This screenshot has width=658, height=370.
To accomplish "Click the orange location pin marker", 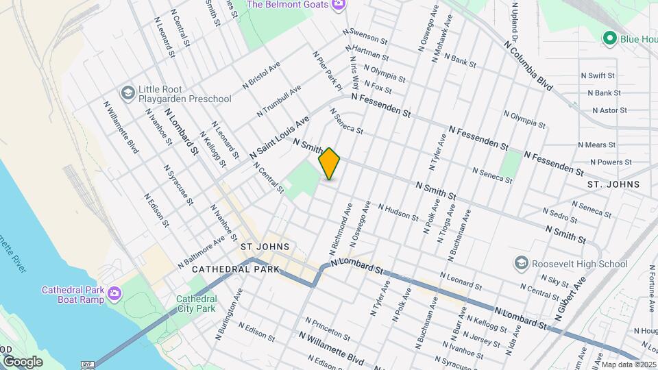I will [330, 164].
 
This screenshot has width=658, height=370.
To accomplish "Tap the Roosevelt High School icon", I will [522, 264].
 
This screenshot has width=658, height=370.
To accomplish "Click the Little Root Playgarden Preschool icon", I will [127, 92].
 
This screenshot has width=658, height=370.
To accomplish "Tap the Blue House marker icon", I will [609, 38].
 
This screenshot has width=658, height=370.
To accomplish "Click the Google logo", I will [23, 361].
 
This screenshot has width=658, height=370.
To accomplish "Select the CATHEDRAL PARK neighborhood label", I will [236, 269].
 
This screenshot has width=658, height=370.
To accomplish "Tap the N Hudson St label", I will [398, 212].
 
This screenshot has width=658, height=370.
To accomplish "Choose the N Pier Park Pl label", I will [328, 71].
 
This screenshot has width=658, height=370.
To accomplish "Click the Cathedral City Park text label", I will [196, 304].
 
